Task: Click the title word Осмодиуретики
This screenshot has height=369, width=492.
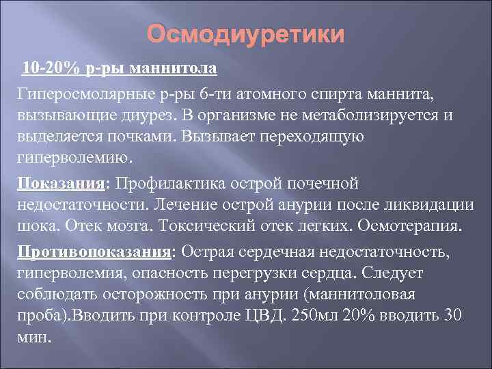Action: pyautogui.click(x=247, y=35)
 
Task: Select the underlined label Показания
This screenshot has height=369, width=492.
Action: pyautogui.click(x=61, y=183)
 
